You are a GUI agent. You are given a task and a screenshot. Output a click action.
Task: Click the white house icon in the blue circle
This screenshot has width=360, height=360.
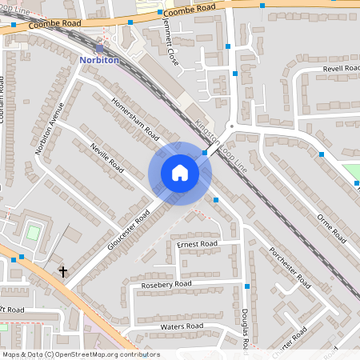click(180, 173)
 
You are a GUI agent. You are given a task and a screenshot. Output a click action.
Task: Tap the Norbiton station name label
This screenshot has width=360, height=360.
click(100, 58)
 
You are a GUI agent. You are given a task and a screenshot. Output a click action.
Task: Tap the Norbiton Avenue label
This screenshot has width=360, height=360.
click(48, 128)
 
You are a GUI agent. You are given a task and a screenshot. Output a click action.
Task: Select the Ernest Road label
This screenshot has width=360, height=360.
click(197, 243)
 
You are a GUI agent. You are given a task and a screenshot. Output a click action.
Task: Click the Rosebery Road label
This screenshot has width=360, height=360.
click(166, 284)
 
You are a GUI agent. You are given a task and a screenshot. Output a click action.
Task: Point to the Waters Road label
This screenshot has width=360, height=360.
click(182, 326)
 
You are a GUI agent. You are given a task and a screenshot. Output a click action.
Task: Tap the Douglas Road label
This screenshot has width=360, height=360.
click(246, 329)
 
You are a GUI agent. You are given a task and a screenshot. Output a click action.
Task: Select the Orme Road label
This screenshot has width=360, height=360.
click(331, 228)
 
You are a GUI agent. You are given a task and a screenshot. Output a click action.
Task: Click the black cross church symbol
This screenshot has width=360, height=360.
click(62, 272)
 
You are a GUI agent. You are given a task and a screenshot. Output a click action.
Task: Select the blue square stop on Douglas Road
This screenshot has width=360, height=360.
click(247, 286)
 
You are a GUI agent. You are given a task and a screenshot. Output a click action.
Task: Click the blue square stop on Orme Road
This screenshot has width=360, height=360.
click(322, 154)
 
